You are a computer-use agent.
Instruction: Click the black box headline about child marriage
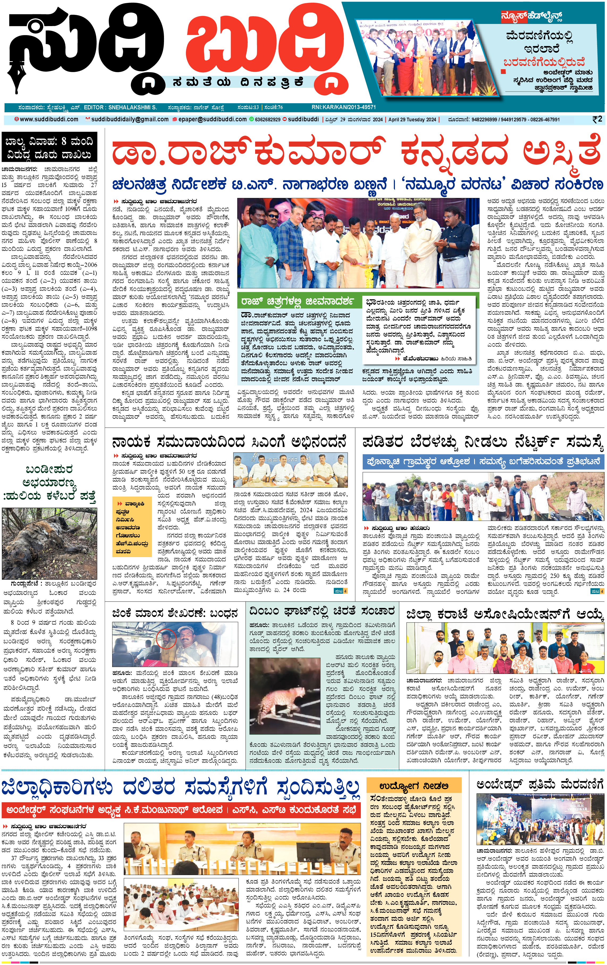(x=49, y=148)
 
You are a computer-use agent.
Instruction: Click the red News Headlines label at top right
(x=531, y=16)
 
